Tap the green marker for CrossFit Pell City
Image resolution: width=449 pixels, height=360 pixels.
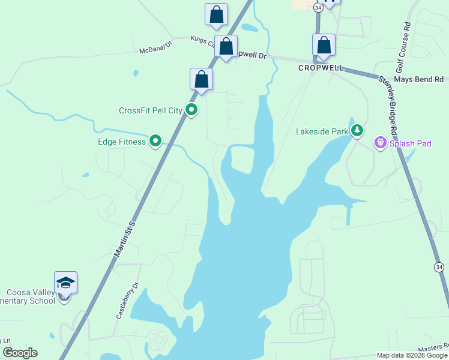click(191, 110)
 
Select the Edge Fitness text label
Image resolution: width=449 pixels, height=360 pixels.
click(122, 142)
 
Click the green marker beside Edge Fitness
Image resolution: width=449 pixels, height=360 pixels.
click(155, 141)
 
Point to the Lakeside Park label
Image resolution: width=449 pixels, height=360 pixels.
click(322, 131)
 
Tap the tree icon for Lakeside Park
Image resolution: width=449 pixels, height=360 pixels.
click(357, 130)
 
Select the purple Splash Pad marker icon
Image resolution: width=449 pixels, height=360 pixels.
click(379, 143)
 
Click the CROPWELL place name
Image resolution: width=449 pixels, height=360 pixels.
click(321, 68)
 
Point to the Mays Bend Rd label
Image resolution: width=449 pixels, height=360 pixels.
click(419, 79)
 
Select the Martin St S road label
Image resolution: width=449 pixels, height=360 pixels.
click(125, 238)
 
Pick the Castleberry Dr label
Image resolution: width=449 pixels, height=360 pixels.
click(127, 300)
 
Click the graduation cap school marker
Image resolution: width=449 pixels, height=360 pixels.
click(65, 283)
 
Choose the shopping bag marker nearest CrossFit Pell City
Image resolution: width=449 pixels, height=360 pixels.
click(202, 80)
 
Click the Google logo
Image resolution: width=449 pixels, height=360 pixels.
click(20, 353)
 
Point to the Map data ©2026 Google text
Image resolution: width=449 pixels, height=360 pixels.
click(412, 355)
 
